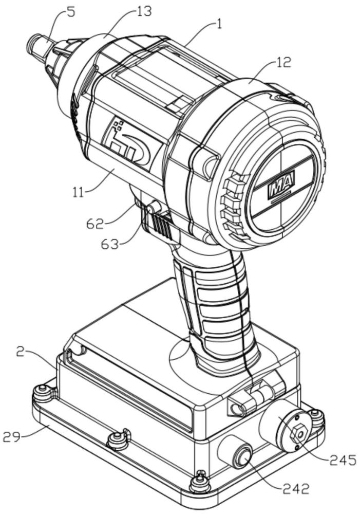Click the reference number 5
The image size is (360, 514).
click(71, 12)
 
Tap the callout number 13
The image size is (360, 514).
click(143, 11)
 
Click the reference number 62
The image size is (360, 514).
click(96, 224)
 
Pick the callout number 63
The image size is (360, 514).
click(109, 244)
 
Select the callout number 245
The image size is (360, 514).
click(342, 460)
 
